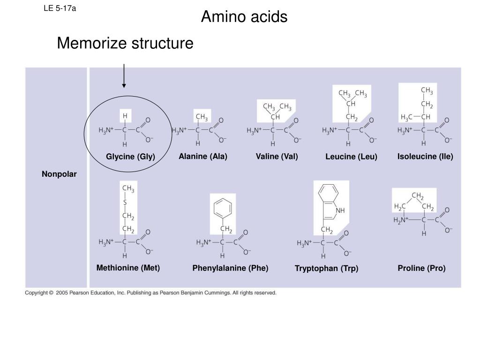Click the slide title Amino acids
[x=244, y=17]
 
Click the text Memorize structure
[x=125, y=43]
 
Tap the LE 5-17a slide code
[x=60, y=8]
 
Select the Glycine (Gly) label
[x=130, y=157]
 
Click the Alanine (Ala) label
[x=202, y=156]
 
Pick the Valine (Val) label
[x=277, y=156]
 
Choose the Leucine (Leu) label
[x=351, y=157]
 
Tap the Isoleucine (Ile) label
[x=425, y=156]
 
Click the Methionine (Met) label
[x=128, y=268]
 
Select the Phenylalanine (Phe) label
[x=230, y=268]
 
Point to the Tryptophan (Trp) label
[x=326, y=269]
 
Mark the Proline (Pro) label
[x=421, y=268]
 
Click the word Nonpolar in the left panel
[x=59, y=174]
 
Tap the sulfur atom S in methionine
[x=125, y=202]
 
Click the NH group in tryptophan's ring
[x=340, y=210]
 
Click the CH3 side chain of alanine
[x=202, y=117]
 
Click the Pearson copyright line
[x=151, y=293]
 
